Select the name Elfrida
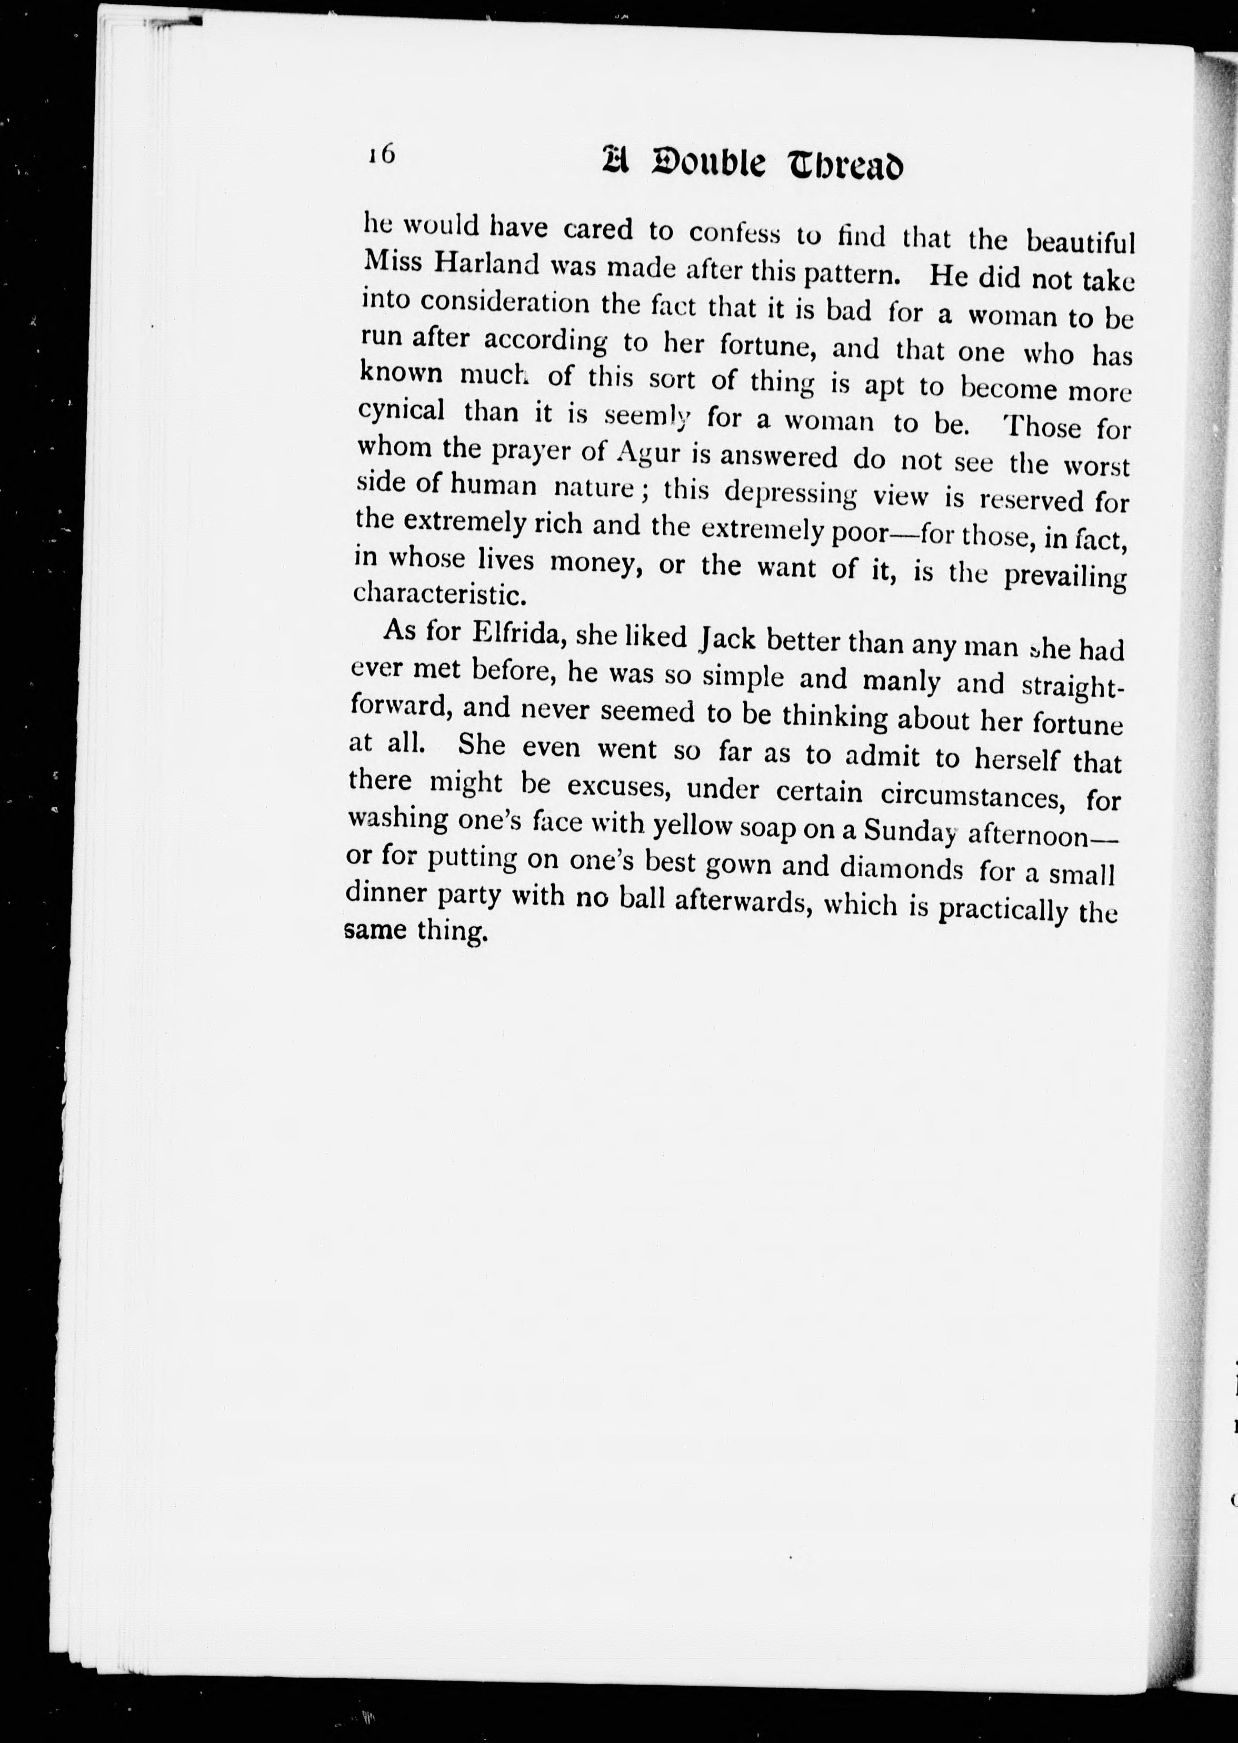[518, 633]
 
